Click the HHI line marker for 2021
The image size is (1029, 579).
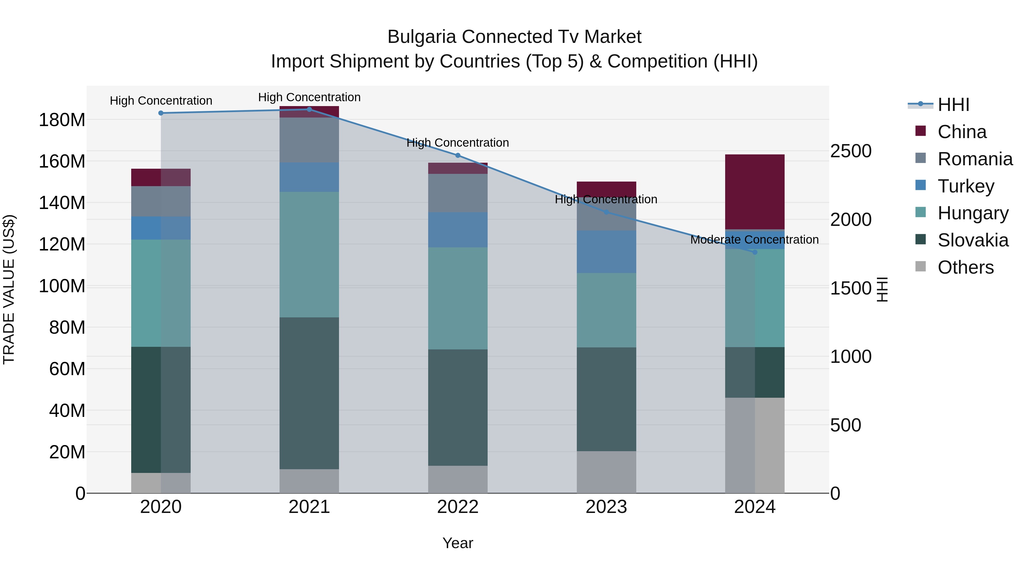309,109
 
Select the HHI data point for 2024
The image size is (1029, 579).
755,252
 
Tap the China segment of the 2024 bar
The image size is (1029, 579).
755,192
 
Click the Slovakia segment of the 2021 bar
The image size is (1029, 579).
309,393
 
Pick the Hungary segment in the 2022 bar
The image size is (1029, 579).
458,298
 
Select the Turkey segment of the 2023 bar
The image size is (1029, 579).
606,252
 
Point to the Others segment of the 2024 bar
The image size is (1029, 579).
755,445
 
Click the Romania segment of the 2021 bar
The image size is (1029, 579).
309,140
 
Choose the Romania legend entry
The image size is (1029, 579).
975,159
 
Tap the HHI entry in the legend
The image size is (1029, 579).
953,105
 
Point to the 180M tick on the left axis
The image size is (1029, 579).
62,120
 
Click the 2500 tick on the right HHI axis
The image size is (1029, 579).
851,151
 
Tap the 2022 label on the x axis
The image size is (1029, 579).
458,507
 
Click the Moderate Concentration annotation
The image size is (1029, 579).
754,240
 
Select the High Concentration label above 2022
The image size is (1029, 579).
458,143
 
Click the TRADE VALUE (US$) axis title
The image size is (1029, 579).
9,289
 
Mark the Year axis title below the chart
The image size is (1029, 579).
458,543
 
